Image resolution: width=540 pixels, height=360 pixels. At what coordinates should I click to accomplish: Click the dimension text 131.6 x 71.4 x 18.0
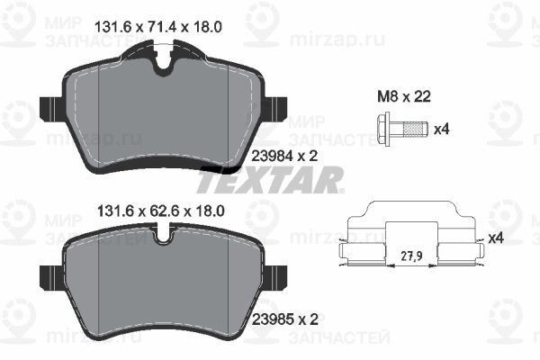[x=157, y=27]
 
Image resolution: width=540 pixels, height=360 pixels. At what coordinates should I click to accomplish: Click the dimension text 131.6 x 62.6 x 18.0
[x=161, y=211]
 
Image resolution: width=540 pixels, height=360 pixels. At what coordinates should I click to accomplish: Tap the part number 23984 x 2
[x=284, y=157]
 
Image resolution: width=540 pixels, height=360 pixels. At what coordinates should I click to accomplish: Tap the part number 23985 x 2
[x=285, y=319]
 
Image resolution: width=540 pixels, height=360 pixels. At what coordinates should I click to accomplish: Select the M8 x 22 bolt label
[x=404, y=97]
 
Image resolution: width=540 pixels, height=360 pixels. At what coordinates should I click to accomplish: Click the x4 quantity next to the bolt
[x=442, y=130]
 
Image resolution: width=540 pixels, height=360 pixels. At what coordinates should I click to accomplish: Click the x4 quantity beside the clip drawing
[x=496, y=238]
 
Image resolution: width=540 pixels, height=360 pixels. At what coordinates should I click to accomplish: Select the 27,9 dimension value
[x=411, y=256]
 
